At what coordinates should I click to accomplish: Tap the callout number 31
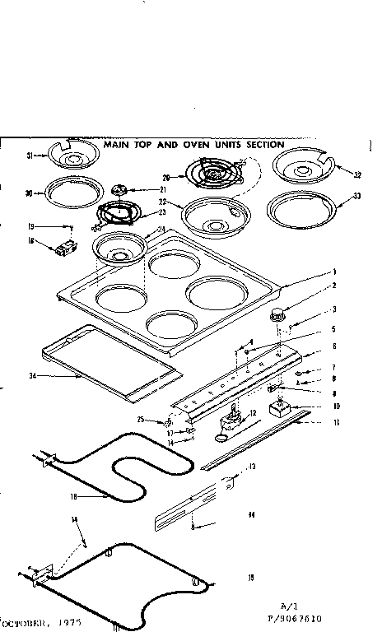click(x=29, y=156)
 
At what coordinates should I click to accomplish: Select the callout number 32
click(x=356, y=174)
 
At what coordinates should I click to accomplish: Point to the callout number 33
click(x=356, y=195)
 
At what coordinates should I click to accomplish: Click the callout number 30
click(x=29, y=194)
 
